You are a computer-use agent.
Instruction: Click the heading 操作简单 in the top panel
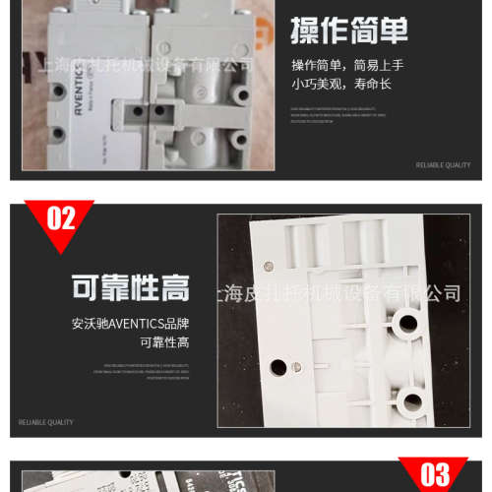(348, 31)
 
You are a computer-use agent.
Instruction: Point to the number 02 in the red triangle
(61, 218)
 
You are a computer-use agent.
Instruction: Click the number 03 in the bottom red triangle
(434, 474)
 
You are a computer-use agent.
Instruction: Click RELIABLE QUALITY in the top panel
(443, 165)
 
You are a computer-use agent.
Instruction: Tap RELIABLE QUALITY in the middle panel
(46, 422)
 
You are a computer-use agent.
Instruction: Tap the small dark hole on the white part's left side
(279, 367)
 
